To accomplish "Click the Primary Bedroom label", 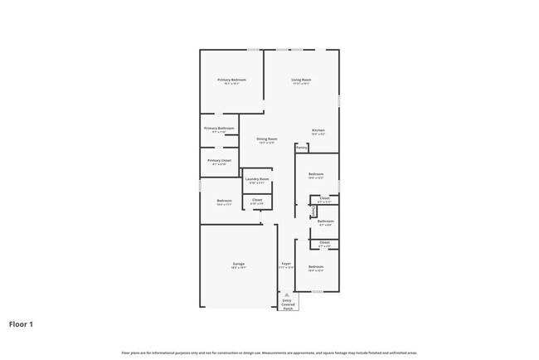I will (233, 80).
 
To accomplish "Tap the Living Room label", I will (300, 80).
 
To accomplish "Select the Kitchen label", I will (318, 130).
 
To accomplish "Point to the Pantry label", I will (302, 148).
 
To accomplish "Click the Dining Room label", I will (266, 139).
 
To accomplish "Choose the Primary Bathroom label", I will (219, 129).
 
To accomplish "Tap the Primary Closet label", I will (219, 160).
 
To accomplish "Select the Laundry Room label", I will (257, 179).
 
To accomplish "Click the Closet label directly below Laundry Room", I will (257, 199).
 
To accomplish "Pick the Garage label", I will (238, 265).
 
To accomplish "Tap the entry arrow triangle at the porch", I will (288, 295).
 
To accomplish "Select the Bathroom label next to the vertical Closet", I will (326, 221).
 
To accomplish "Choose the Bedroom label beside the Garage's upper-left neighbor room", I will (224, 201).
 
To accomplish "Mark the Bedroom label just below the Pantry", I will (315, 174).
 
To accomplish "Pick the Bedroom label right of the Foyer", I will (315, 266).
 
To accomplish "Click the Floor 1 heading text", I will (21, 324).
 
